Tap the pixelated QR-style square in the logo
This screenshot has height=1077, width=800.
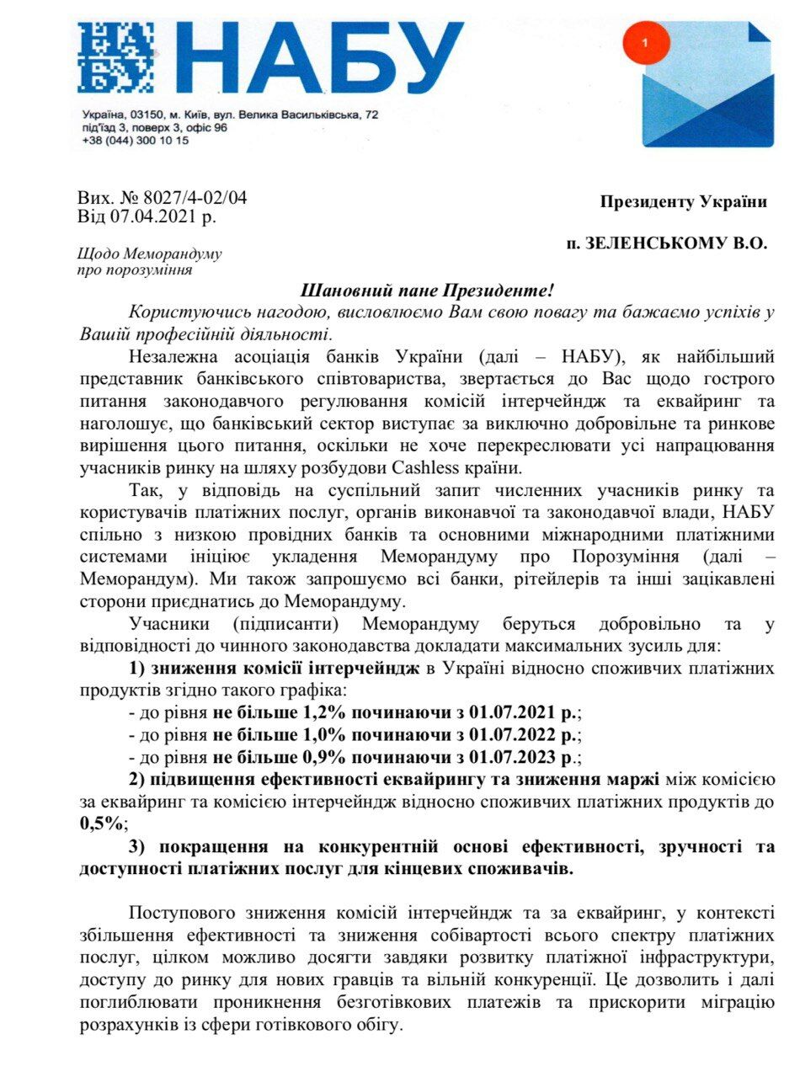115,57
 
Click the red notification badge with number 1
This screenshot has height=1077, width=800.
645,41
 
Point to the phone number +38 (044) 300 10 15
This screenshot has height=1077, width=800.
136,141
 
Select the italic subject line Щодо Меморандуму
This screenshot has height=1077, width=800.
149,254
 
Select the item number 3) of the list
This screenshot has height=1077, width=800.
139,845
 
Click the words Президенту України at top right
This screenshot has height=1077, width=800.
683,201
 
